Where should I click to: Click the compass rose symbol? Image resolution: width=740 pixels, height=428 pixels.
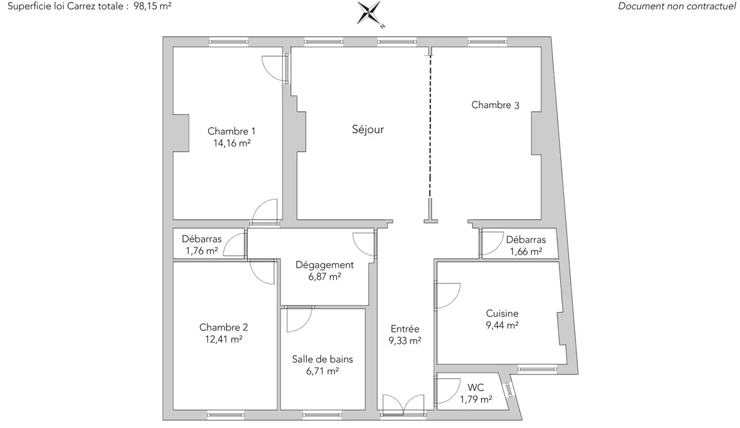pos(368,13)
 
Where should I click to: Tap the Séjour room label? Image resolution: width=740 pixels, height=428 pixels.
pos(368,129)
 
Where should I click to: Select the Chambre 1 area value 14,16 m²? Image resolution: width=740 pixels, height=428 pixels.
pos(232,143)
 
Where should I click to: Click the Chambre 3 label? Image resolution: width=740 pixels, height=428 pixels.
pos(495,105)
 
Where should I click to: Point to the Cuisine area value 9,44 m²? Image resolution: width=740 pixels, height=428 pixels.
pos(502,325)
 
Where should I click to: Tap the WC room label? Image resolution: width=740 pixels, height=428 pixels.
pos(476,387)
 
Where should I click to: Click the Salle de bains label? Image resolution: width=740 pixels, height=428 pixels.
pos(323,359)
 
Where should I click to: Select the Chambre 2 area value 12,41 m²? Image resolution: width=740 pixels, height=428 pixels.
pos(224,339)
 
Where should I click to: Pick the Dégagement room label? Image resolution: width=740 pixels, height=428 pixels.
pos(324,265)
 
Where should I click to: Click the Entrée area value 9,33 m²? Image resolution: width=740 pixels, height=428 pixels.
pos(405,341)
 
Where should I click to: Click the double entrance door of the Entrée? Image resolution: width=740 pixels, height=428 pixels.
pos(404,405)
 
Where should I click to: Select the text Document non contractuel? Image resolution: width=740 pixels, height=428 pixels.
pos(676,6)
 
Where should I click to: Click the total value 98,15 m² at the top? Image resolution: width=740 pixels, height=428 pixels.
pos(152,6)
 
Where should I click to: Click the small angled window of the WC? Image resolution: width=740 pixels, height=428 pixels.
pos(509,390)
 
